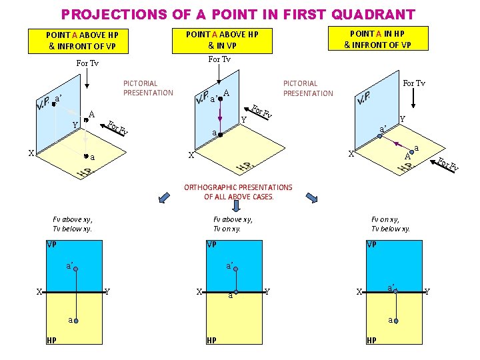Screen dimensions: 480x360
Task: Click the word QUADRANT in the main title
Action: point(373,15)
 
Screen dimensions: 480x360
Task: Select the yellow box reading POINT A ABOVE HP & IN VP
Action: point(222,41)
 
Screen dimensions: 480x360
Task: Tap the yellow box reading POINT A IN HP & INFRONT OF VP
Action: point(378,38)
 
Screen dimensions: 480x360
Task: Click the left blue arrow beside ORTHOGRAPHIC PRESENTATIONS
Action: point(164,197)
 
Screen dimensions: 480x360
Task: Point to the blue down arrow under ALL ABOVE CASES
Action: point(236,206)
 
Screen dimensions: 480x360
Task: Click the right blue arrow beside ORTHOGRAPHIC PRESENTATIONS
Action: point(312,198)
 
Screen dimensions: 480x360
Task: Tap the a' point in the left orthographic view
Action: point(76,269)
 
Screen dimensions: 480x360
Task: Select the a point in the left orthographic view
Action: point(76,321)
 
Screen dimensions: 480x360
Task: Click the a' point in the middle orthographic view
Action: point(236,269)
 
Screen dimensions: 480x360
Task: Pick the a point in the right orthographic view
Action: point(396,321)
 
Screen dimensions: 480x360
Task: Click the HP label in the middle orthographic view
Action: point(211,341)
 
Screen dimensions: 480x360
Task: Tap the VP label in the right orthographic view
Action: point(371,244)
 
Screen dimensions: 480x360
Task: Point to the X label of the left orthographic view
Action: point(39,292)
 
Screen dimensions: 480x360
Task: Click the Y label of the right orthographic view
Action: point(427,291)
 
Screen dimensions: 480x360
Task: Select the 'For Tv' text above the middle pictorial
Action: point(219,59)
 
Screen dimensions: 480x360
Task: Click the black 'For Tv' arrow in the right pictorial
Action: point(413,98)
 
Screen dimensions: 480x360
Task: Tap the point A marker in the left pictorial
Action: point(86,120)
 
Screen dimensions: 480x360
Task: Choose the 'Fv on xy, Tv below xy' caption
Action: point(390,224)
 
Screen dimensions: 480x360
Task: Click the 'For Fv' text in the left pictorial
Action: point(117,127)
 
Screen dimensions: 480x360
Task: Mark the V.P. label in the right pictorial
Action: point(363,97)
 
